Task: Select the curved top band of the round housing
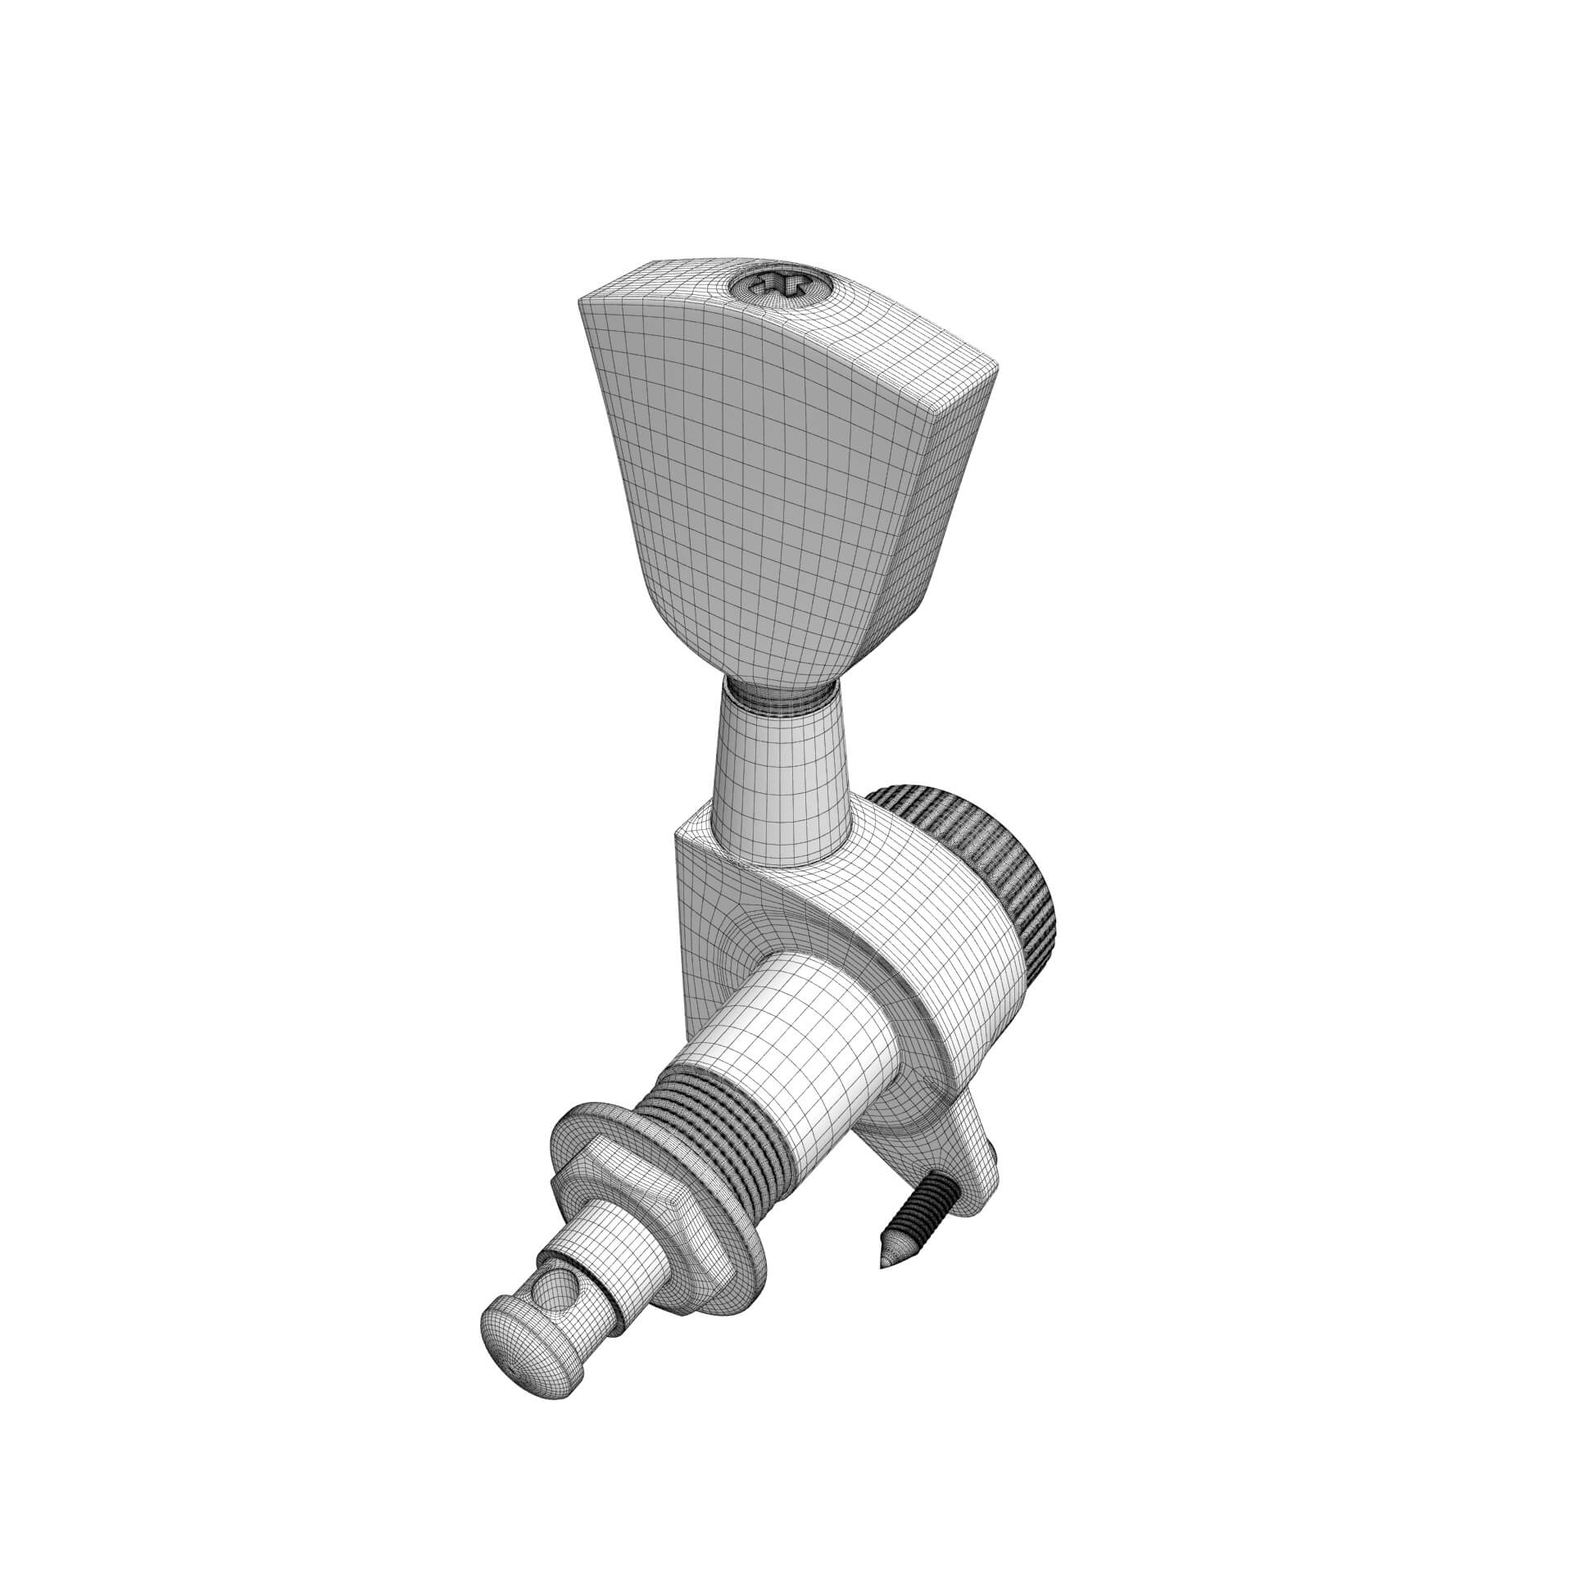point(942,926)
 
